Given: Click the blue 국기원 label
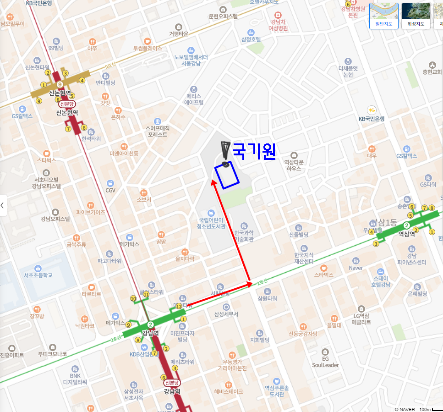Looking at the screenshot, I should pyautogui.click(x=254, y=152).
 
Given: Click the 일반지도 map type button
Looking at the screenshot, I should pyautogui.click(x=383, y=16).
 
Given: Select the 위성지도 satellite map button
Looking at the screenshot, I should pyautogui.click(x=416, y=16).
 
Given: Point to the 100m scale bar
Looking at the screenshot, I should pyautogui.click(x=431, y=408).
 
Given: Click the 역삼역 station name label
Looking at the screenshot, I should pyautogui.click(x=406, y=234).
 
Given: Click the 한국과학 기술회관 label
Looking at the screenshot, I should pyautogui.click(x=243, y=236).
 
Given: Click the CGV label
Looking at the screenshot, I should pyautogui.click(x=110, y=190).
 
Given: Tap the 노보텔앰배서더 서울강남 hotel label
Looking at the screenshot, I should pyautogui.click(x=191, y=60).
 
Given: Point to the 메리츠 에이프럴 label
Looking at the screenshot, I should pyautogui.click(x=194, y=99).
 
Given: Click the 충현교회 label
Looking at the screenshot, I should pyautogui.click(x=432, y=72).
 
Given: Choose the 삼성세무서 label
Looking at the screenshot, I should pyautogui.click(x=226, y=314).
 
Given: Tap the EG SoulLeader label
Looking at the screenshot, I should pyautogui.click(x=325, y=362).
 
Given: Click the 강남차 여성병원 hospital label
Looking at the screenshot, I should pyautogui.click(x=279, y=25).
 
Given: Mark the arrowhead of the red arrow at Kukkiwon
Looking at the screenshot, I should pyautogui.click(x=213, y=182).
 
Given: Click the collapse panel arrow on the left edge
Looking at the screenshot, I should pyautogui.click(x=3, y=205).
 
